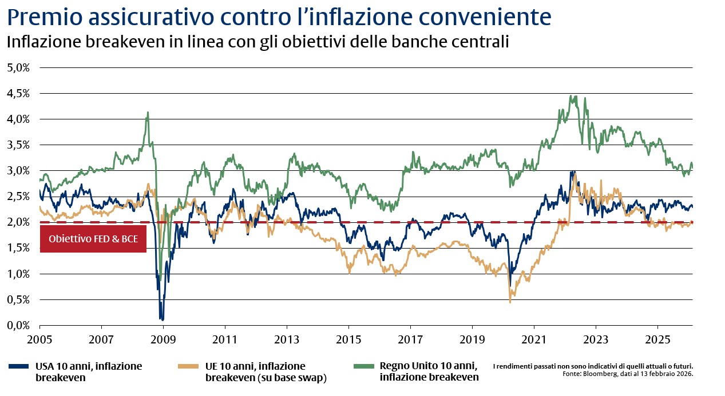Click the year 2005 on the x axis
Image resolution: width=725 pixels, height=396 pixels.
pyautogui.click(x=39, y=339)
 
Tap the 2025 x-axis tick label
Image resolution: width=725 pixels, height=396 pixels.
pyautogui.click(x=657, y=339)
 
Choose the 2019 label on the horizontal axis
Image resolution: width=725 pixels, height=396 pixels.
pyautogui.click(x=472, y=339)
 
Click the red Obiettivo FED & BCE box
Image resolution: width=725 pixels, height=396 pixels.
pyautogui.click(x=93, y=239)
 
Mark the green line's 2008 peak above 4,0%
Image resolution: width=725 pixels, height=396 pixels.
pyautogui.click(x=148, y=113)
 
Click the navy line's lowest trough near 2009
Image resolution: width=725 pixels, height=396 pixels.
pyautogui.click(x=162, y=319)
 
